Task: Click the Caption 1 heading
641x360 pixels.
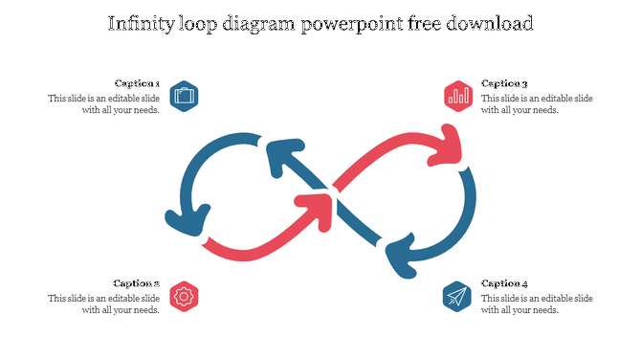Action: coord(137,83)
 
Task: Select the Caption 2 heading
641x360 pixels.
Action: coord(137,283)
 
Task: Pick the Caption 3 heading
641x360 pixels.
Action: coord(504,83)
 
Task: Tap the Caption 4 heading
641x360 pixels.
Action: coord(504,283)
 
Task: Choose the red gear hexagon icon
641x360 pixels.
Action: coord(184,296)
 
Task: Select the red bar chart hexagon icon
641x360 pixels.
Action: coord(458,96)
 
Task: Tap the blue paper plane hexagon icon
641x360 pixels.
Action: coord(457,296)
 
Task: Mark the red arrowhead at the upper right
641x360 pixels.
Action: coord(449,144)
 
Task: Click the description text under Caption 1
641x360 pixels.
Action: coord(103,104)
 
